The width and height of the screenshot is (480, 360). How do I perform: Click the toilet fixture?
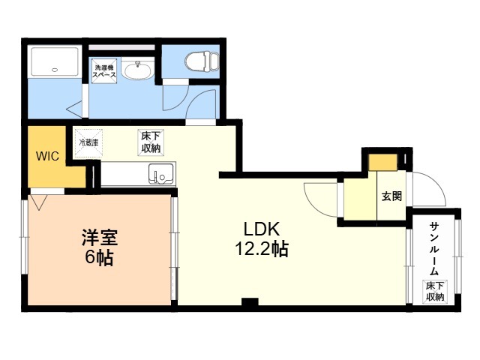click(202, 61)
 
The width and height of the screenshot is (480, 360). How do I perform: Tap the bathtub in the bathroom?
click(55, 61)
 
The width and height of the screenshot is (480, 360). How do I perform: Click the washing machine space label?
click(104, 71)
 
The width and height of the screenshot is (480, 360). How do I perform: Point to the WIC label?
click(47, 156)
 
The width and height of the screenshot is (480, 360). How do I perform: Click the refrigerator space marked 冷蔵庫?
click(88, 143)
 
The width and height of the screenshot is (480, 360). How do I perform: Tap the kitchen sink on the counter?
click(160, 174)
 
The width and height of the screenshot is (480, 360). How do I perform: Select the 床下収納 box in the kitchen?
click(151, 142)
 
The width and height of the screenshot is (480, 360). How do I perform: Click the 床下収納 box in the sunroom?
click(435, 292)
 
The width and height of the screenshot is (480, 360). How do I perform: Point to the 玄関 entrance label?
click(391, 196)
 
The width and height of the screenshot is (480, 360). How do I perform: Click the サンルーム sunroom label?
click(434, 248)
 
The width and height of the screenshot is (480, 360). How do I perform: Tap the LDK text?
click(262, 229)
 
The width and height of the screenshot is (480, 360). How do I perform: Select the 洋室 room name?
click(100, 237)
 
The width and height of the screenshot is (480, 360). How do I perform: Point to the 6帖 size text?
click(99, 257)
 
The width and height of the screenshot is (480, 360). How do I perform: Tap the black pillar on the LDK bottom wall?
click(250, 301)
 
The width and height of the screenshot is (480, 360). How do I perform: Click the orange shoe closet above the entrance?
click(382, 162)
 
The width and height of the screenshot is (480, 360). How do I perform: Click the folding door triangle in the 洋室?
click(39, 202)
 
